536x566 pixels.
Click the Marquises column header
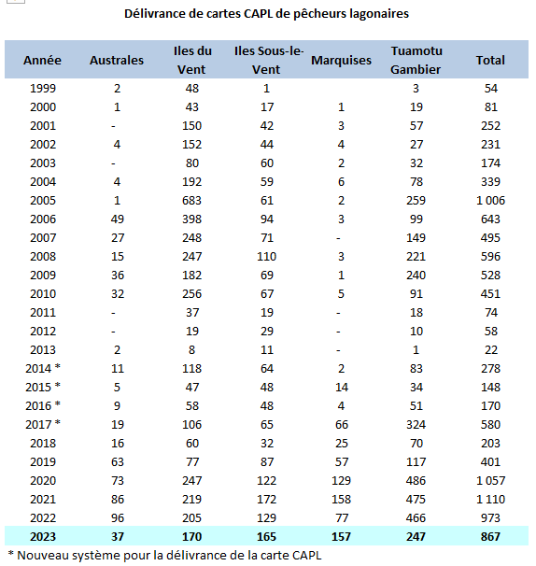(x=341, y=61)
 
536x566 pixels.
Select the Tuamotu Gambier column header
(x=416, y=60)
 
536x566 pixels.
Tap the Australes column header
(x=117, y=61)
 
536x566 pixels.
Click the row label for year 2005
(x=43, y=200)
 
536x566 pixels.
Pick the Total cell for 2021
(x=490, y=500)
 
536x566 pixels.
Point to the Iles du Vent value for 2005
(x=191, y=200)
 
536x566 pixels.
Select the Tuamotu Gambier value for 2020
(x=416, y=480)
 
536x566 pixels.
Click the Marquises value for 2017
(x=342, y=424)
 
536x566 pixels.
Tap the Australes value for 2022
(x=118, y=518)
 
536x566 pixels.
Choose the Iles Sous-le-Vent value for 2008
(x=266, y=256)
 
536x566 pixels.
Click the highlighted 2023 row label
(x=43, y=537)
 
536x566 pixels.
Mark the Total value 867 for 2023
(x=490, y=537)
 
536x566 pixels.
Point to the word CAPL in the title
(x=258, y=14)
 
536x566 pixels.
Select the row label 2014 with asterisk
(x=43, y=368)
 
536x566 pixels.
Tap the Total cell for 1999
(x=491, y=89)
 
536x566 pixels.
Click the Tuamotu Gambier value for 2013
(x=416, y=349)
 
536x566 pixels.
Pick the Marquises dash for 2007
(x=338, y=238)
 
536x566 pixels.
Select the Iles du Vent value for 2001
(x=191, y=125)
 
